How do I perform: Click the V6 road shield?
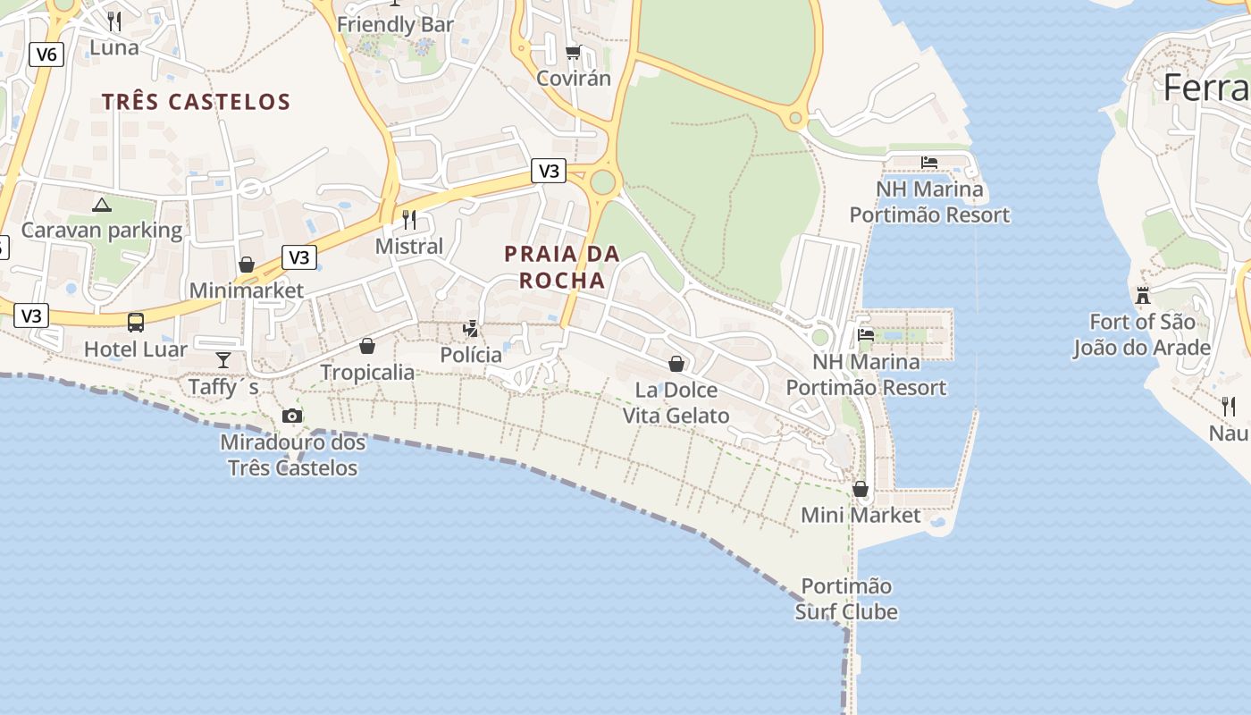click(x=46, y=55)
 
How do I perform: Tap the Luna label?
click(x=114, y=47)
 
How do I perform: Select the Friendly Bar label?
click(x=395, y=24)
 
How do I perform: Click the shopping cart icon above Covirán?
click(x=573, y=53)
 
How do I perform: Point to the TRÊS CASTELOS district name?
click(x=197, y=102)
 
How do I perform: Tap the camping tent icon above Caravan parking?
click(x=102, y=206)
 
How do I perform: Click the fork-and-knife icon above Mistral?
click(x=409, y=219)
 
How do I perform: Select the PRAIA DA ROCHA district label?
click(x=562, y=266)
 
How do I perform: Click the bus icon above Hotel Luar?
click(x=136, y=323)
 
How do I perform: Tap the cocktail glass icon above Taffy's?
click(x=223, y=360)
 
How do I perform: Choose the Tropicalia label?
click(x=367, y=372)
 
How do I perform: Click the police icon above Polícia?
click(x=471, y=329)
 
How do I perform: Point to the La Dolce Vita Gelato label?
click(x=676, y=402)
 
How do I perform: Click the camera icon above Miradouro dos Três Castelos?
click(x=292, y=416)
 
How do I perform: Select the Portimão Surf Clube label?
click(x=846, y=599)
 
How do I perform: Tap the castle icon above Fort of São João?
click(x=1142, y=295)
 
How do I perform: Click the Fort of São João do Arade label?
click(x=1142, y=334)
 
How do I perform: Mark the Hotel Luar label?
click(x=136, y=349)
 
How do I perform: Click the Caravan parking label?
click(x=102, y=231)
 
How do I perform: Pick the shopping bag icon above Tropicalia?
click(x=367, y=346)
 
